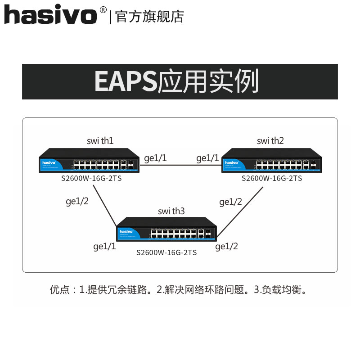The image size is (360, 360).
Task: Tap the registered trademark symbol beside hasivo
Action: pyautogui.click(x=103, y=9)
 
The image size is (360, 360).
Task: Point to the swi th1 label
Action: pyautogui.click(x=100, y=141)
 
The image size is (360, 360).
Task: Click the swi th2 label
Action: pyautogui.click(x=270, y=141)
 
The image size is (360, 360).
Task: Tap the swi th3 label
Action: pyautogui.click(x=171, y=211)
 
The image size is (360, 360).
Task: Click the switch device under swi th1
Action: pyautogui.click(x=88, y=161)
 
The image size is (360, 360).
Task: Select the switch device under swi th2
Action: pyautogui.click(x=272, y=161)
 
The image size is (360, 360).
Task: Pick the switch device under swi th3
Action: pyautogui.click(x=166, y=229)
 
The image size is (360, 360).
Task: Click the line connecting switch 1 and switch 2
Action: pyautogui.click(x=180, y=165)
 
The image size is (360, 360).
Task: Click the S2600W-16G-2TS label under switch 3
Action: pyautogui.click(x=166, y=253)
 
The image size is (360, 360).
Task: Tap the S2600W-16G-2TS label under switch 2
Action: pyautogui.click(x=272, y=178)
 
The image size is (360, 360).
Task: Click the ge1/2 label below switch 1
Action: pyautogui.click(x=77, y=201)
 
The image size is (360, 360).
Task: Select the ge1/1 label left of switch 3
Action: pyautogui.click(x=104, y=246)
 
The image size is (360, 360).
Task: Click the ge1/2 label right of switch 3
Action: pyautogui.click(x=227, y=246)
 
